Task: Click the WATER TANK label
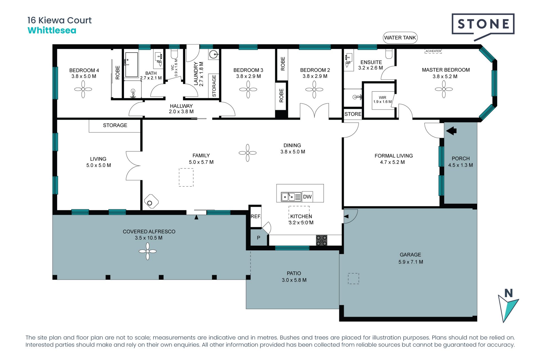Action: coord(400,38)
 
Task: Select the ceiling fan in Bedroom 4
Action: coord(83,89)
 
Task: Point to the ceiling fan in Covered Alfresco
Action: coord(148,251)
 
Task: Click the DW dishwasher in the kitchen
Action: coord(307,197)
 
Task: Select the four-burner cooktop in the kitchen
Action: coord(321,240)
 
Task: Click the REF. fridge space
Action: coord(256,216)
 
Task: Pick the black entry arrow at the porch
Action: coord(451,131)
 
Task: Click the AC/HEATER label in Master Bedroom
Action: coord(433,51)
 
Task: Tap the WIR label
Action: coord(382,98)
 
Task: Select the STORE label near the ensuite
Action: coord(353,114)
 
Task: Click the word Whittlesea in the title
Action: coord(52,30)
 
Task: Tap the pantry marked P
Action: coord(258,238)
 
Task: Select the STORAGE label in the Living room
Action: coord(115,125)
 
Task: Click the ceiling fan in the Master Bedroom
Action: coord(444,89)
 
